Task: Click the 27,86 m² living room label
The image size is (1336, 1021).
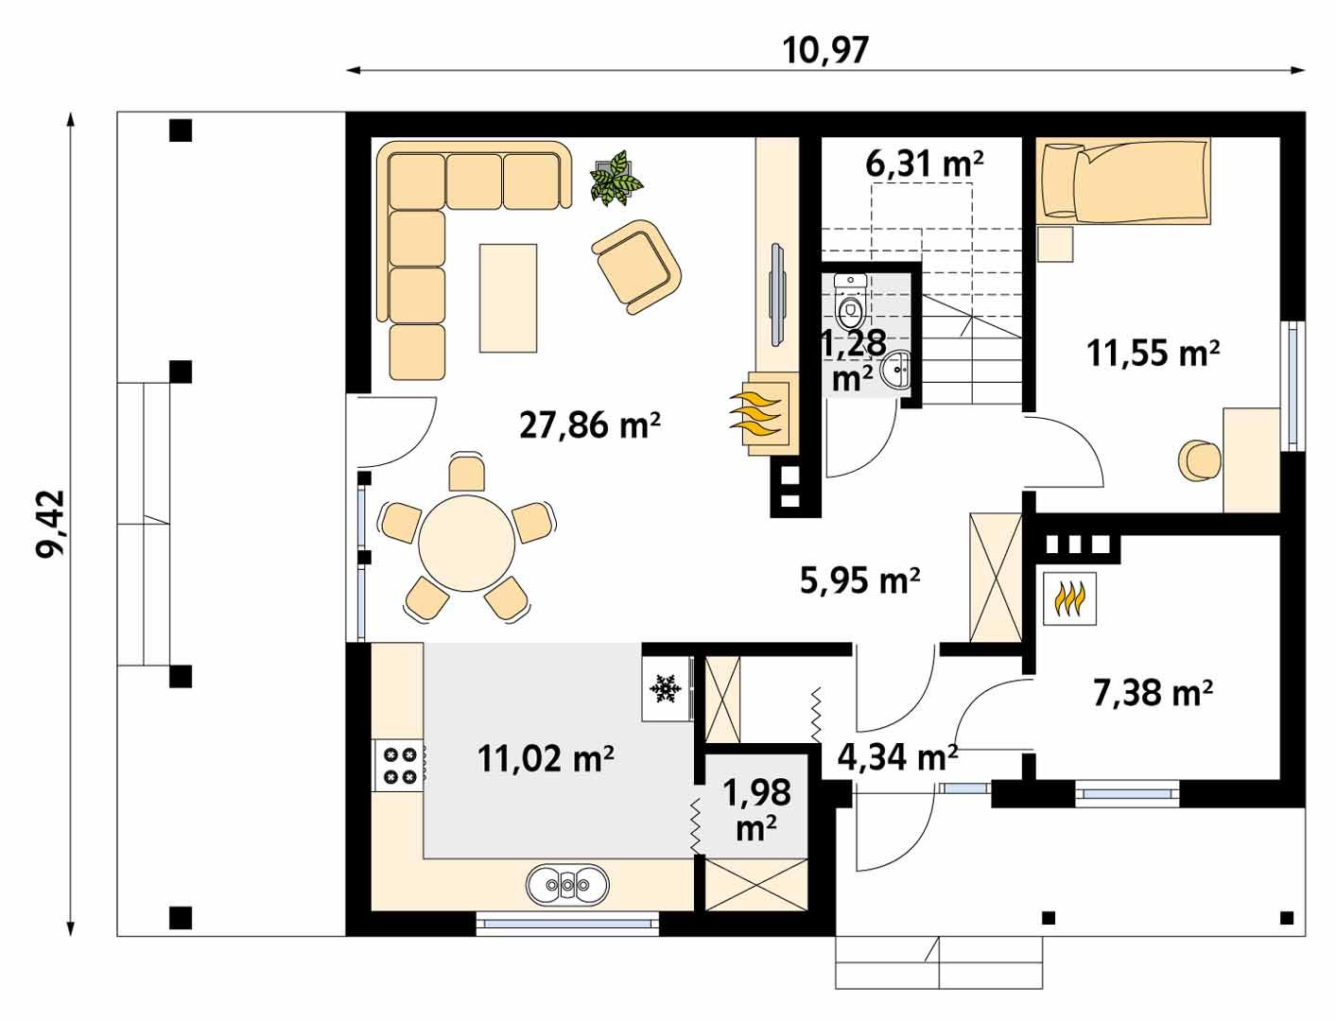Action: (589, 426)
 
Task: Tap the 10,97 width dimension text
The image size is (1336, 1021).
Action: (825, 49)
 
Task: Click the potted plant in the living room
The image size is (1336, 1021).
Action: (616, 177)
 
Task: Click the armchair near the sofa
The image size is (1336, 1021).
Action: (635, 266)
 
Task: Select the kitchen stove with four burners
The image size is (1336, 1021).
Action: (399, 764)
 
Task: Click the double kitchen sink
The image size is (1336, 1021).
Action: (567, 885)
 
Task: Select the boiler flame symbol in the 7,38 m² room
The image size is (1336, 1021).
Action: (1069, 598)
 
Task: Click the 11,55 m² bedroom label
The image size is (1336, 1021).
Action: (1152, 354)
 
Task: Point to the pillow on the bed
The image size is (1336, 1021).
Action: (1059, 181)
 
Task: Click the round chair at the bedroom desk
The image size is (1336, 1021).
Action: (1200, 459)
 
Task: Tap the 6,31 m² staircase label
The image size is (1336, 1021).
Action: (925, 164)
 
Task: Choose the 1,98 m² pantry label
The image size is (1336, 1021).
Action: (756, 809)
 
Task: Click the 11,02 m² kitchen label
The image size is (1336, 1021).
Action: (547, 758)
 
